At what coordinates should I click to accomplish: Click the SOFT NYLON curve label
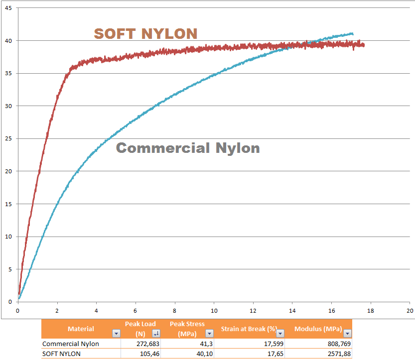pyautogui.click(x=145, y=33)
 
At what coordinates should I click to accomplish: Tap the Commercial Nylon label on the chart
pyautogui.click(x=188, y=148)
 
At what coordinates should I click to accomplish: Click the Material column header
pyautogui.click(x=81, y=329)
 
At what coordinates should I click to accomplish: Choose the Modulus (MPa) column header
pyautogui.click(x=318, y=329)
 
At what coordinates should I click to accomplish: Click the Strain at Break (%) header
pyautogui.click(x=249, y=329)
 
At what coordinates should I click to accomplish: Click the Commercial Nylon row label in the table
pyautogui.click(x=71, y=344)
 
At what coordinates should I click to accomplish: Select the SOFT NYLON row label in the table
pyautogui.click(x=61, y=354)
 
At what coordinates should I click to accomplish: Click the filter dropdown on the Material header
pyautogui.click(x=116, y=333)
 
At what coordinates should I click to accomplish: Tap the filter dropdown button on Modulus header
pyautogui.click(x=347, y=333)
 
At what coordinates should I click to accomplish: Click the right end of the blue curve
pyautogui.click(x=353, y=34)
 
